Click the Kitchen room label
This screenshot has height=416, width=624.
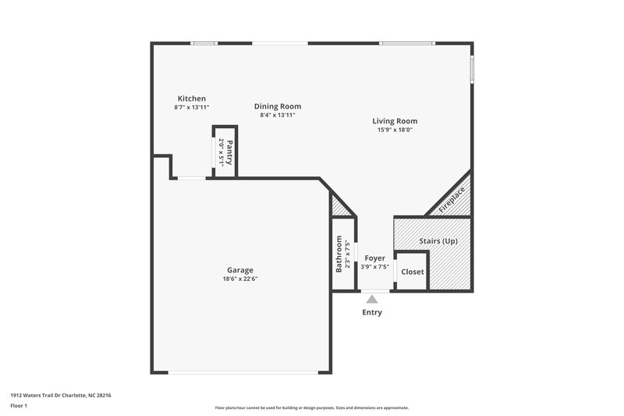click(x=191, y=98)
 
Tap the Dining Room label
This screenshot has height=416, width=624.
click(x=278, y=106)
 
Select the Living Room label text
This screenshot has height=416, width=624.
click(x=394, y=121)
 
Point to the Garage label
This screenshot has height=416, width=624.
click(x=240, y=270)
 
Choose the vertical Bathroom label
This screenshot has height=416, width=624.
click(x=339, y=254)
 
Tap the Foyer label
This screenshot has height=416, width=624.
click(x=375, y=258)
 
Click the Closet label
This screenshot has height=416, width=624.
click(x=413, y=272)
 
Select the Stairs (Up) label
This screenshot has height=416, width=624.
click(x=438, y=241)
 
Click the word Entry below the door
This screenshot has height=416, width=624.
click(x=372, y=313)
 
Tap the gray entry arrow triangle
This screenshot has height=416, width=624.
click(x=372, y=299)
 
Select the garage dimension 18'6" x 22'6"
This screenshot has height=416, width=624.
click(x=240, y=279)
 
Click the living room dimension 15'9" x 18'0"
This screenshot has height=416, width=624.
click(x=394, y=130)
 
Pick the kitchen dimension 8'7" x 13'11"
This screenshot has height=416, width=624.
click(x=191, y=107)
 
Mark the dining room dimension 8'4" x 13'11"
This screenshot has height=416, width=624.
click(x=278, y=115)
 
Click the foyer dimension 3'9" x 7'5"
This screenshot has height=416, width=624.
click(x=375, y=265)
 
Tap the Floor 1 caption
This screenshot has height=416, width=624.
click(x=19, y=407)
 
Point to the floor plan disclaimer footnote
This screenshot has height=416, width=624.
click(x=312, y=407)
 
